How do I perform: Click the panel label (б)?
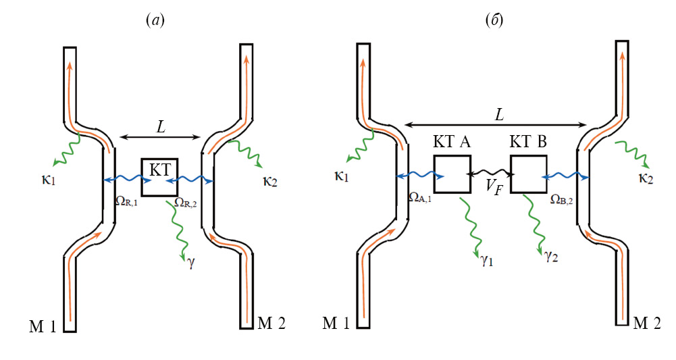pyautogui.click(x=493, y=21)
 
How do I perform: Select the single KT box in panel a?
pyautogui.click(x=159, y=178)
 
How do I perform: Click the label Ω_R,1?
pyautogui.click(x=126, y=201)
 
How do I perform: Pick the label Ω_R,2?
pyautogui.click(x=186, y=201)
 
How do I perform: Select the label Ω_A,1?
pyautogui.click(x=420, y=197)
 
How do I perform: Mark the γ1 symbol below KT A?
pyautogui.click(x=486, y=260)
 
